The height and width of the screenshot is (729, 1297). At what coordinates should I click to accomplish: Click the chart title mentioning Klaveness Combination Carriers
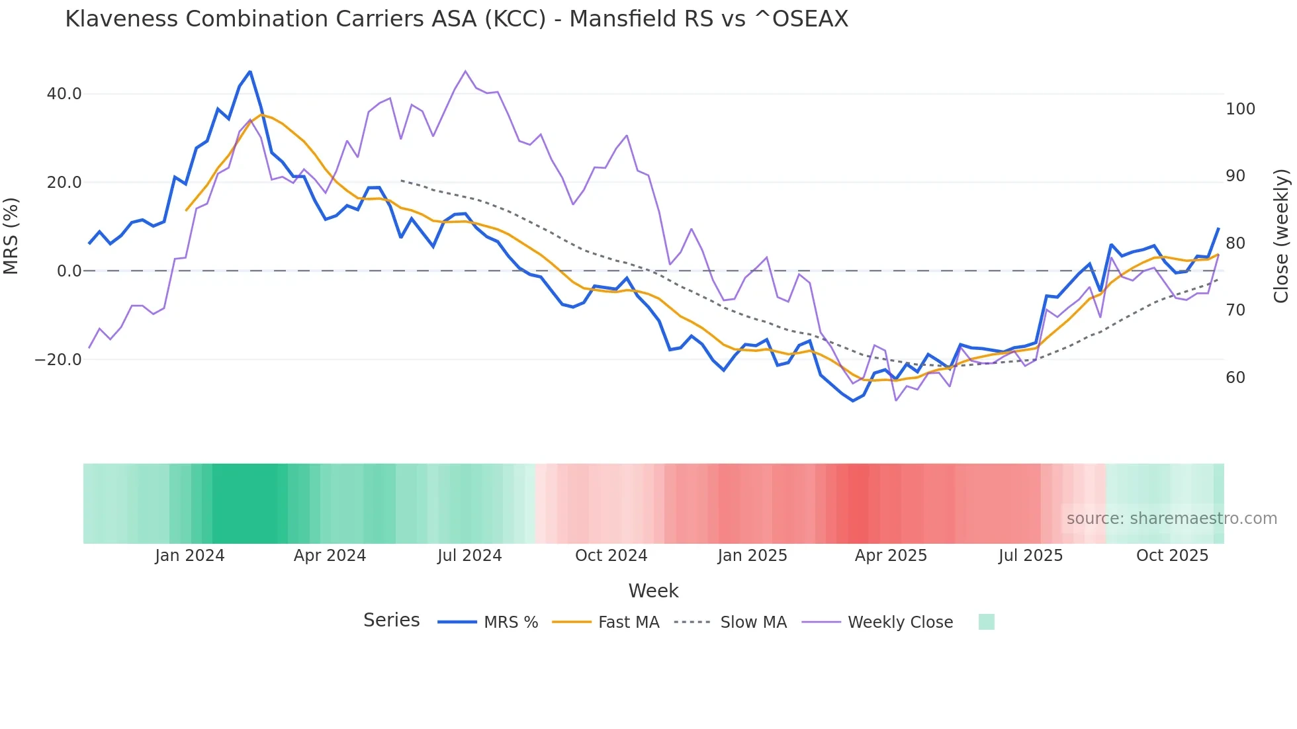pos(457,19)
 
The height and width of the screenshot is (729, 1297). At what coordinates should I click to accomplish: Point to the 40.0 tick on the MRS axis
pos(64,94)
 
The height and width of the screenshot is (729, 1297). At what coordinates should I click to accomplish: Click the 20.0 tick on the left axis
pos(64,183)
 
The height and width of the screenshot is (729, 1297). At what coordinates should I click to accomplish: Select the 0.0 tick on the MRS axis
pos(69,271)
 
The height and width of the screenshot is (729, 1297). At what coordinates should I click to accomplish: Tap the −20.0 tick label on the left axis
pos(58,360)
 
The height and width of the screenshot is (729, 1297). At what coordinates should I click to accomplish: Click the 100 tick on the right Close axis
pos(1240,109)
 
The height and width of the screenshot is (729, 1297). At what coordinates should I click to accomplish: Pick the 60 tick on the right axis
pos(1235,378)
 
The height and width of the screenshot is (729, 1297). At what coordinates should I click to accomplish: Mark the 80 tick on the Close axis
pos(1235,243)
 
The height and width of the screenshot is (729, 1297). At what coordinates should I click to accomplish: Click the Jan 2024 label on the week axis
pos(190,556)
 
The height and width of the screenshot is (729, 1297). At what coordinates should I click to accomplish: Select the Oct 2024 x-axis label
pos(611,556)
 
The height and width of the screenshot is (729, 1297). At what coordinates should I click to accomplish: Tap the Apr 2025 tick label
pos(891,556)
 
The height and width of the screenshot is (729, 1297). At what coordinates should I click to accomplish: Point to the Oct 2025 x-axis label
pos(1172,556)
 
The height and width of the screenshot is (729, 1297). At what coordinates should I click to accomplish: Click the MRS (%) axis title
pos(11,236)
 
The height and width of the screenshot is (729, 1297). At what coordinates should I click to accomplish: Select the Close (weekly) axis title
pos(1282,236)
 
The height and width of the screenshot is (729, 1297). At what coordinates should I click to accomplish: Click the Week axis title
pos(653,591)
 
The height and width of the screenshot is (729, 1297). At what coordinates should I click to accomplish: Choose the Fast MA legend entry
pos(629,622)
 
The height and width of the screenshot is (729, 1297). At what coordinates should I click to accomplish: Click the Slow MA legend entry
pos(753,622)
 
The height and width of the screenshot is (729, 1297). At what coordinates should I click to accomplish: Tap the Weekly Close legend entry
pos(900,622)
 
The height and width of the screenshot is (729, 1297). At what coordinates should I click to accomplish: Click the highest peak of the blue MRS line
pos(249,71)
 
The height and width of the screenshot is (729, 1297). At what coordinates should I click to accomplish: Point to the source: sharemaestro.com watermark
pos(1171,519)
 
